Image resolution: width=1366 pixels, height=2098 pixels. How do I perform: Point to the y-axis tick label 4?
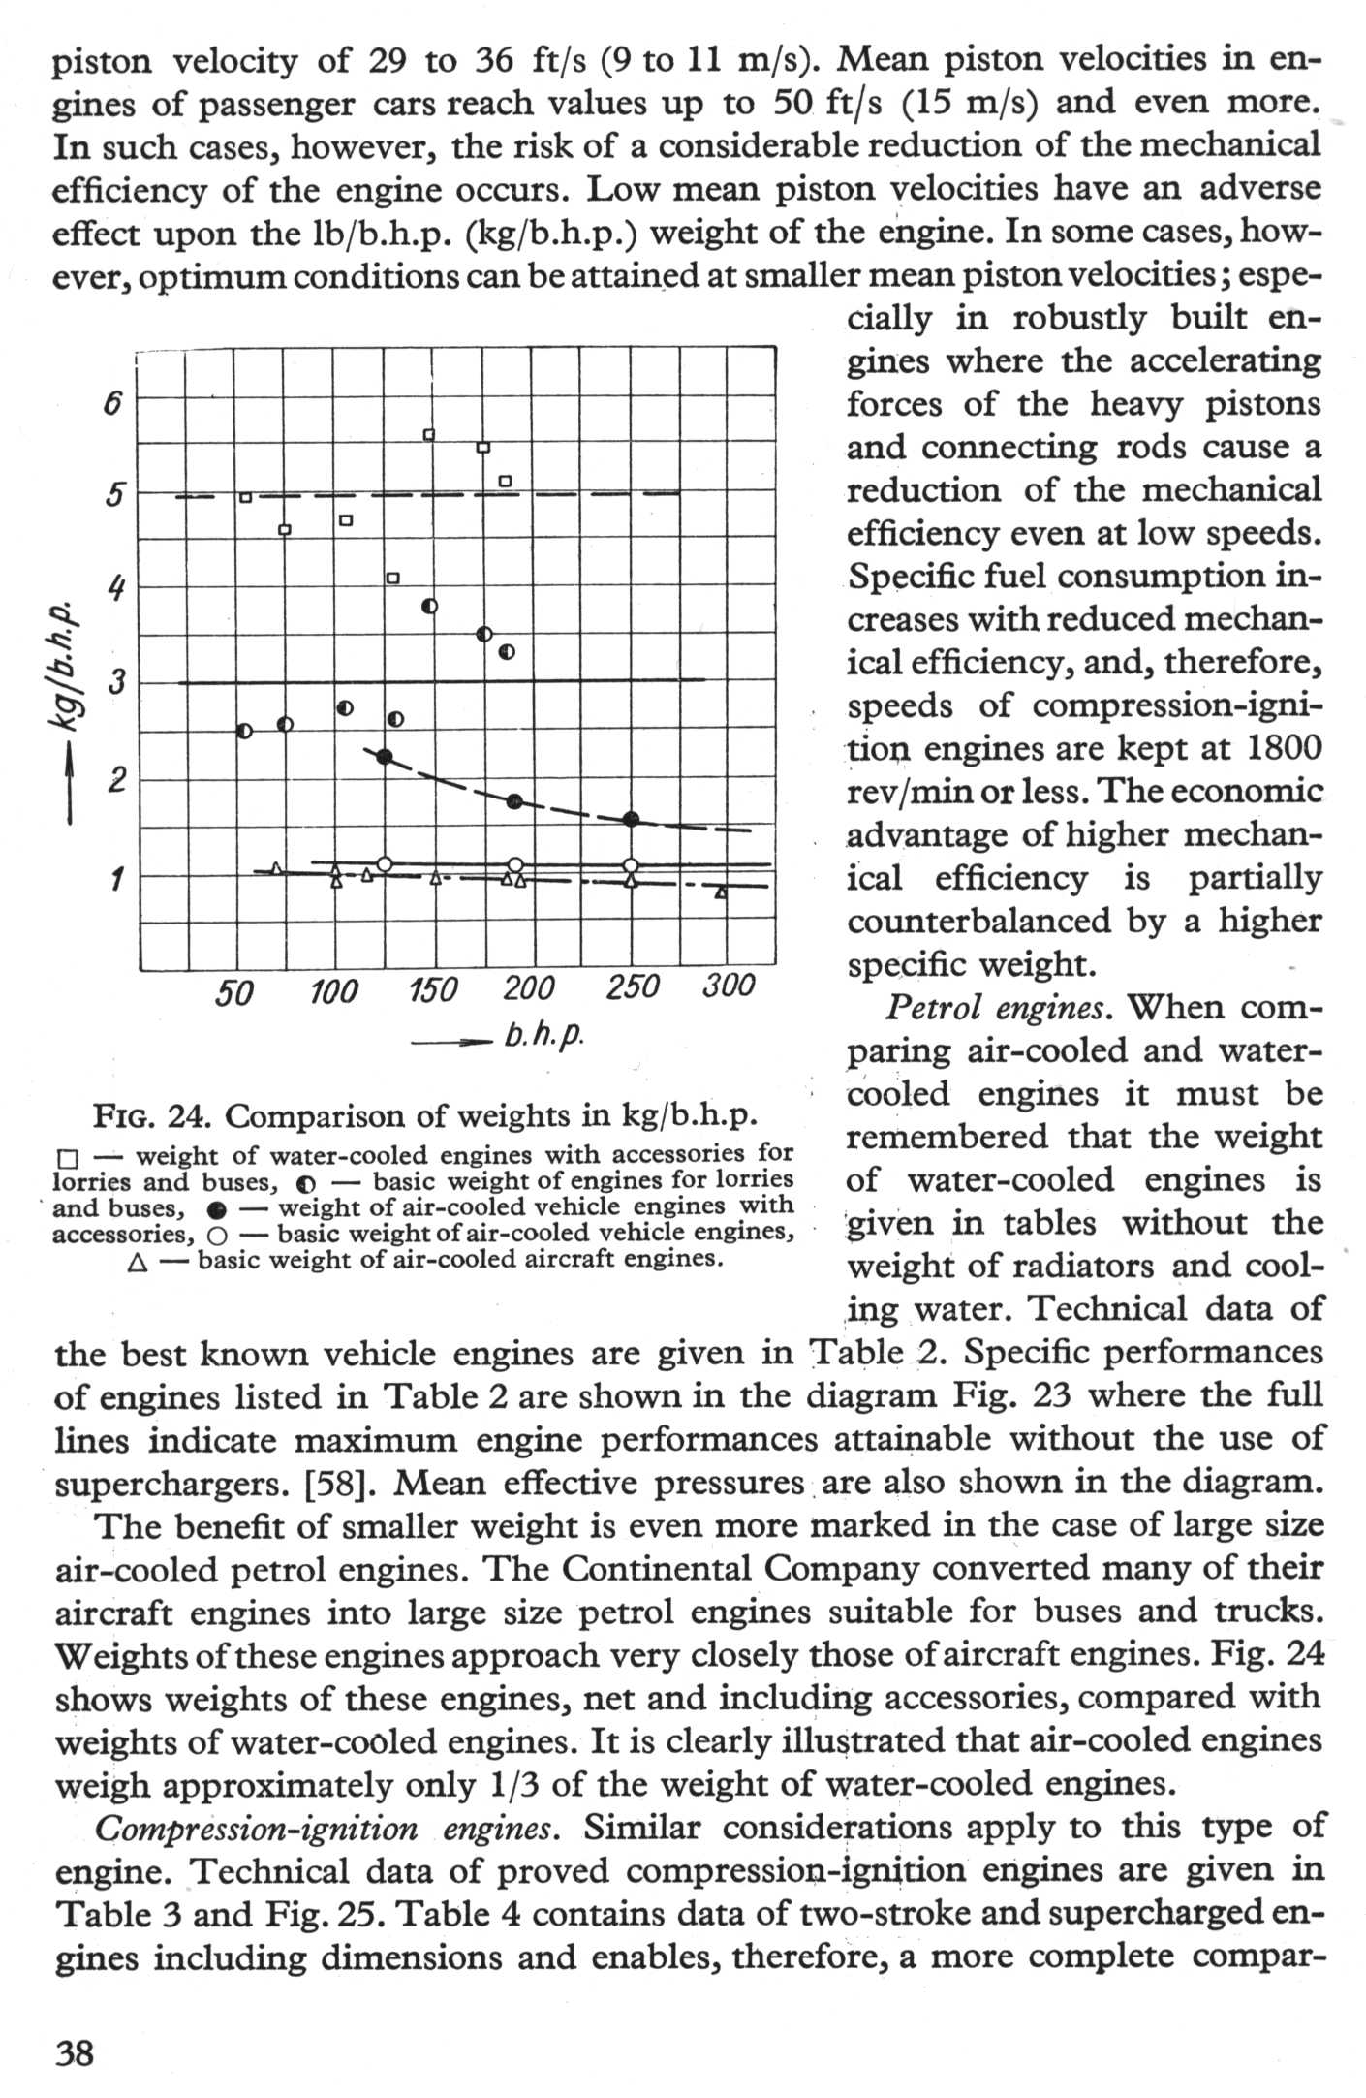point(115,589)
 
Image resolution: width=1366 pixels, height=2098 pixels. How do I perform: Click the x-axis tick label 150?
point(432,991)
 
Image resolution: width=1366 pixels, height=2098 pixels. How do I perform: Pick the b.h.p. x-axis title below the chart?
point(543,1036)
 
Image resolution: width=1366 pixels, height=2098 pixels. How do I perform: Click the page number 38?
point(75,2051)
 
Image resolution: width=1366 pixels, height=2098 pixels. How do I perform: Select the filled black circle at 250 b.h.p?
point(631,819)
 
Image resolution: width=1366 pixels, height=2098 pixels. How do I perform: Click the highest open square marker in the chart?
point(429,435)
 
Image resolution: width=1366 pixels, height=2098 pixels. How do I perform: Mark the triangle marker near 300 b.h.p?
point(720,892)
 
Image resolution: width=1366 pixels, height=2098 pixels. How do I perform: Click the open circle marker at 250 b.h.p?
point(631,865)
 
